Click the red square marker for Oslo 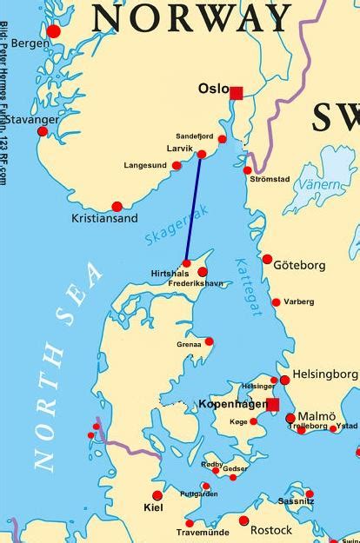pyautogui.click(x=236, y=90)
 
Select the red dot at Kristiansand pyautogui.click(x=117, y=207)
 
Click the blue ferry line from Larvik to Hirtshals pyautogui.click(x=193, y=209)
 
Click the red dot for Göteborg pyautogui.click(x=267, y=259)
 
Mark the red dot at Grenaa pyautogui.click(x=209, y=341)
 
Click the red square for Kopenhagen pyautogui.click(x=273, y=405)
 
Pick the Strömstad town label pyautogui.click(x=269, y=180)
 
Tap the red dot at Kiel pyautogui.click(x=157, y=495)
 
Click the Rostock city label pyautogui.click(x=270, y=530)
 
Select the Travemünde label pyautogui.click(x=203, y=533)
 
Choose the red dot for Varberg pyautogui.click(x=276, y=302)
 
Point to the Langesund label pyautogui.click(x=143, y=164)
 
